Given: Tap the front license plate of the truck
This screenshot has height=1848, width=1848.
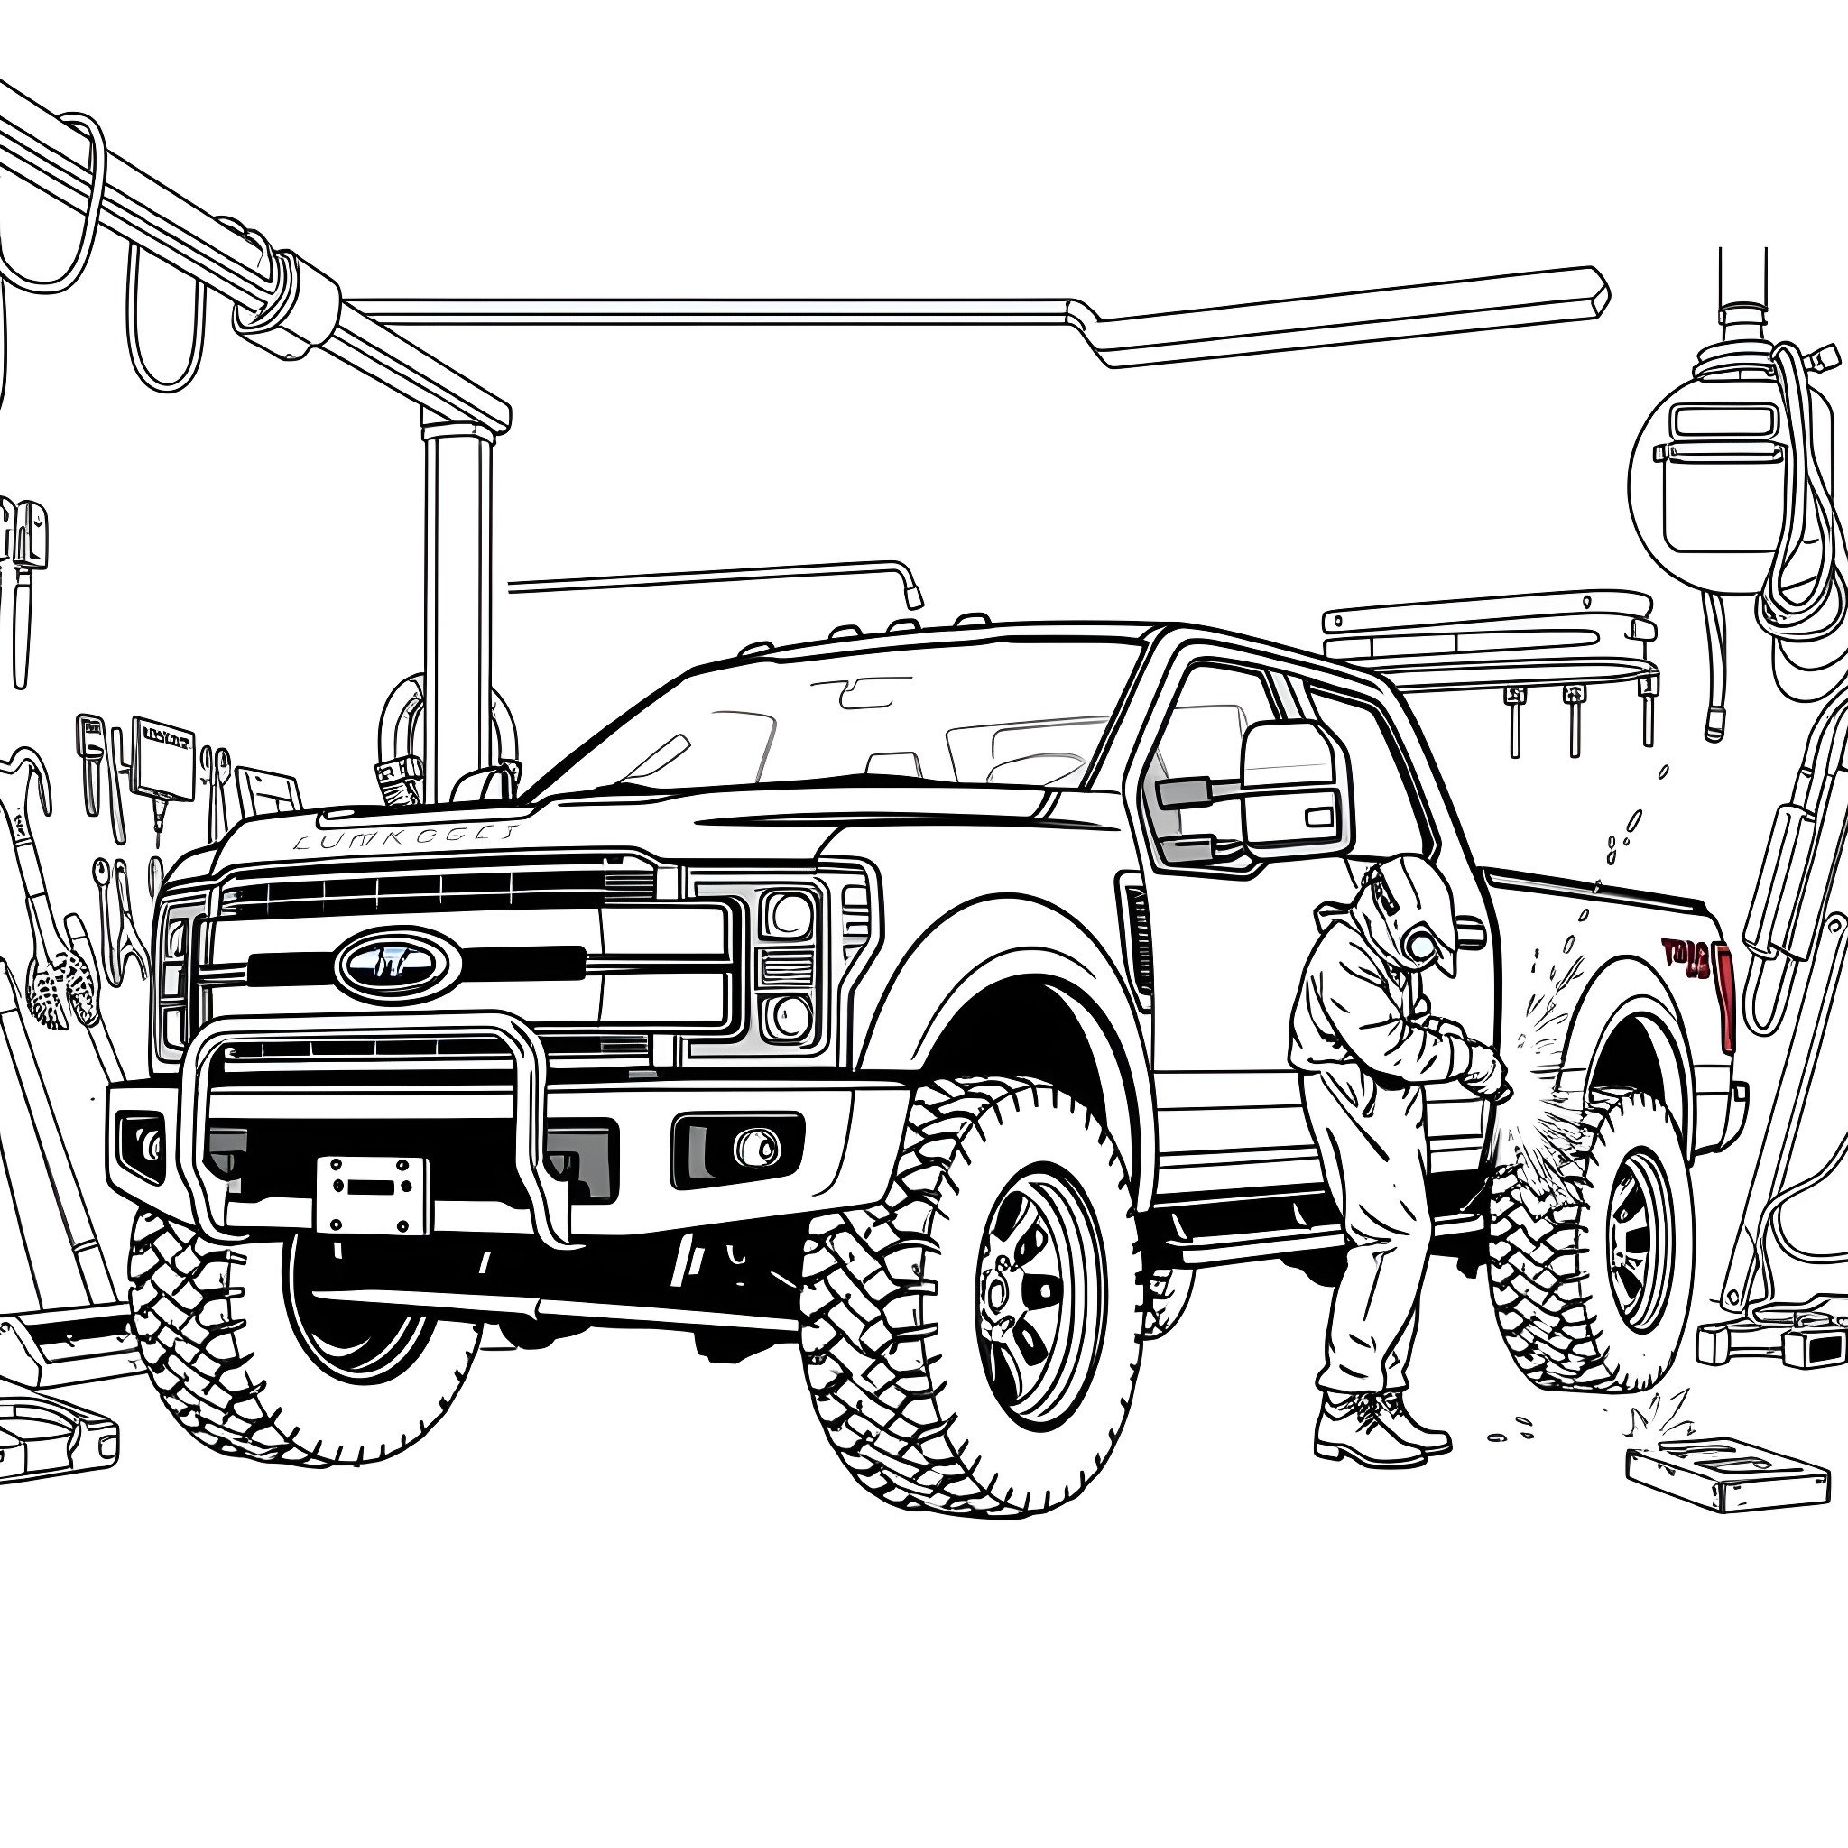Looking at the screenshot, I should (x=372, y=1196).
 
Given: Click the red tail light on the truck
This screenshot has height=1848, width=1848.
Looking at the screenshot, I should (x=1723, y=994).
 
